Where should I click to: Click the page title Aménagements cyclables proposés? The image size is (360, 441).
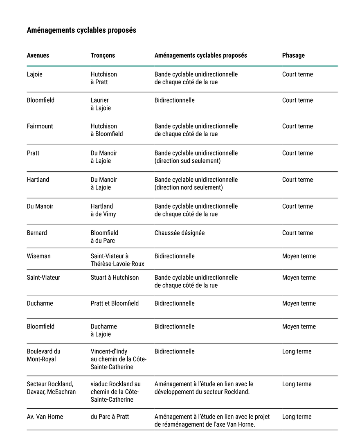(81, 30)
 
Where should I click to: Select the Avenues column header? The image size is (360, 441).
(38, 55)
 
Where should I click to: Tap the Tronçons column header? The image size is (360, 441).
(103, 55)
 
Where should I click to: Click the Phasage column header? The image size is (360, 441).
(293, 55)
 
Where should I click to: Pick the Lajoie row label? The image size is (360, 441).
(35, 74)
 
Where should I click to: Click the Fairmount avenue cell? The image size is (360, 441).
(40, 126)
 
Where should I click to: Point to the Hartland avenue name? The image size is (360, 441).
(38, 180)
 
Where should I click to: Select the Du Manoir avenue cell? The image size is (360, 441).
(40, 206)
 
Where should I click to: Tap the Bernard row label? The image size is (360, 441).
(37, 233)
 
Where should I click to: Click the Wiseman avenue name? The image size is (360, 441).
(38, 256)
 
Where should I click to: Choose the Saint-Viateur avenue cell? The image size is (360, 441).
(43, 277)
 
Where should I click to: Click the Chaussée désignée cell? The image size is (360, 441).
(180, 233)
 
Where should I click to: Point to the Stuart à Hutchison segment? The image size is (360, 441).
(115, 277)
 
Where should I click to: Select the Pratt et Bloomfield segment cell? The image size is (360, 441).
(115, 303)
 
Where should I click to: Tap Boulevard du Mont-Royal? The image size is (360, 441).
(43, 355)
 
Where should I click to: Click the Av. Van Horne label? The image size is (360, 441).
(45, 416)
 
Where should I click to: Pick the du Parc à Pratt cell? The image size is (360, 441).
(110, 416)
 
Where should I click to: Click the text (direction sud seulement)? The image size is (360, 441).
(187, 161)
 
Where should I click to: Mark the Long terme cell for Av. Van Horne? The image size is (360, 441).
(297, 416)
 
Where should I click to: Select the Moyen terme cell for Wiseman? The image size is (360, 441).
(299, 256)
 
